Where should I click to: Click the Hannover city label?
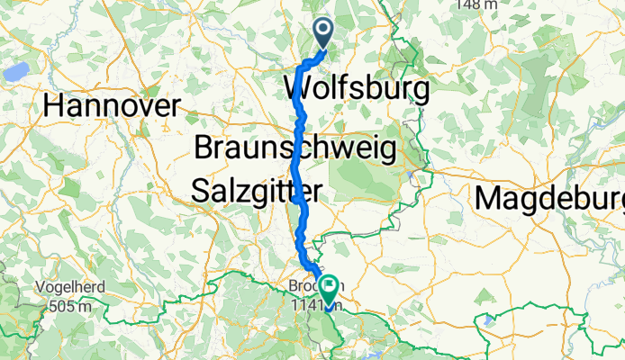click(112, 106)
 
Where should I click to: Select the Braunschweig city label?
click(294, 148)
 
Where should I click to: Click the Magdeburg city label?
click(549, 197)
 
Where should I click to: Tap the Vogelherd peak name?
click(71, 288)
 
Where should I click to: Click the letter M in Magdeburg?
click(491, 197)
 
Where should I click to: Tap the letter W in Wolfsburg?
click(299, 89)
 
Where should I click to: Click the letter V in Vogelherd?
click(39, 288)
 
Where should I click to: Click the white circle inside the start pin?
click(323, 31)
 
